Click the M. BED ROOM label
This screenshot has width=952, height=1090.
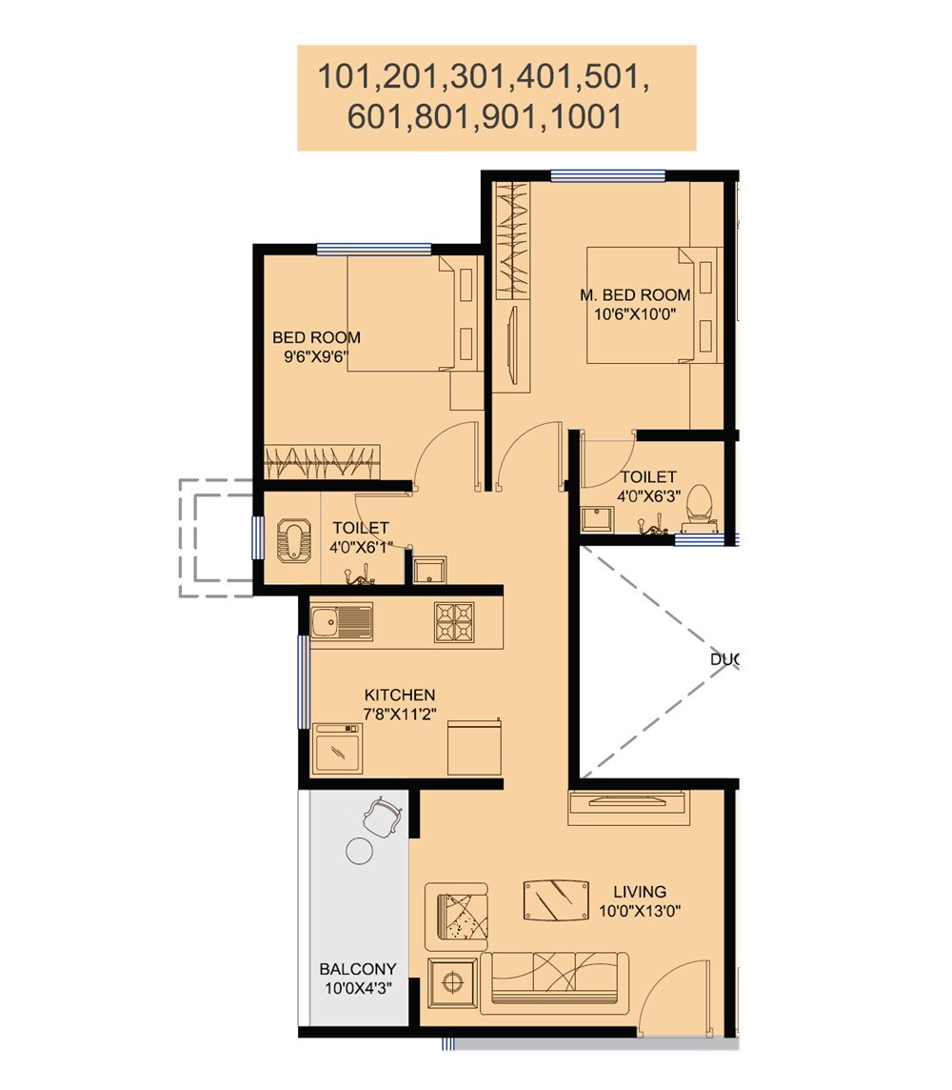pyautogui.click(x=635, y=294)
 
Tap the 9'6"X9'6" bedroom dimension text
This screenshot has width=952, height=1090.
pyautogui.click(x=316, y=357)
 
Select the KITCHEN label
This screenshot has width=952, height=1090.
pyautogui.click(x=400, y=696)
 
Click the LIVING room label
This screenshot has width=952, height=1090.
pyautogui.click(x=639, y=892)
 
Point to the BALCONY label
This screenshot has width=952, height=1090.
pyautogui.click(x=357, y=969)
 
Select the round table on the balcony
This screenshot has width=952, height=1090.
pyautogui.click(x=359, y=850)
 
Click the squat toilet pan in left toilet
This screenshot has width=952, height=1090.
pyautogui.click(x=290, y=541)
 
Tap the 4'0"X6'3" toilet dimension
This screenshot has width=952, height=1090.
pyautogui.click(x=648, y=495)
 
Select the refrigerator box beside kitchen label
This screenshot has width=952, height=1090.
pyautogui.click(x=473, y=747)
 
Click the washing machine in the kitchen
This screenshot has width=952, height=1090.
pyautogui.click(x=337, y=749)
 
